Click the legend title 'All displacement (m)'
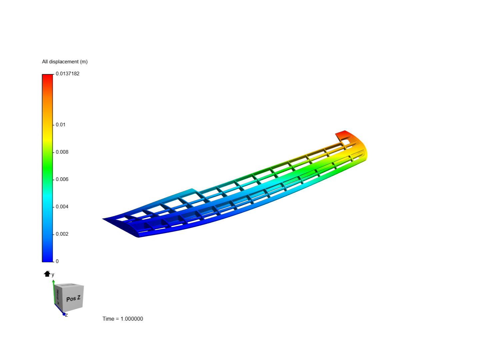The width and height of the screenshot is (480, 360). click(65, 62)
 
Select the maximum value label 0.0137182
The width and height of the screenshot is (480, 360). click(67, 74)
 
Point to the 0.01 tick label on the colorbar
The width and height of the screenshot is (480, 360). click(60, 125)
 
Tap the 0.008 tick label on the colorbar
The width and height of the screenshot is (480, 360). click(62, 152)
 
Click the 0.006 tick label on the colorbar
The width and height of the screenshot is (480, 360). click(62, 179)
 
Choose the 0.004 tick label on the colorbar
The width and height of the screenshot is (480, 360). click(62, 207)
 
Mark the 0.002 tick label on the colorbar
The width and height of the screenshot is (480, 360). click(62, 234)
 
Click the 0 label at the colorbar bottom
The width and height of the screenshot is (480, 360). click(57, 261)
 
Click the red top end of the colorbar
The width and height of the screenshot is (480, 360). click(47, 77)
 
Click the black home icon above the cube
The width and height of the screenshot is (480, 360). click(47, 274)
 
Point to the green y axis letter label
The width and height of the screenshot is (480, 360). click(53, 275)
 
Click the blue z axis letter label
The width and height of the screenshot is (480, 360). click(66, 315)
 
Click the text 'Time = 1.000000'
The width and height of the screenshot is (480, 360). click(123, 319)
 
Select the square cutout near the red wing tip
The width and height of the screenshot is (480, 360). click(346, 142)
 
